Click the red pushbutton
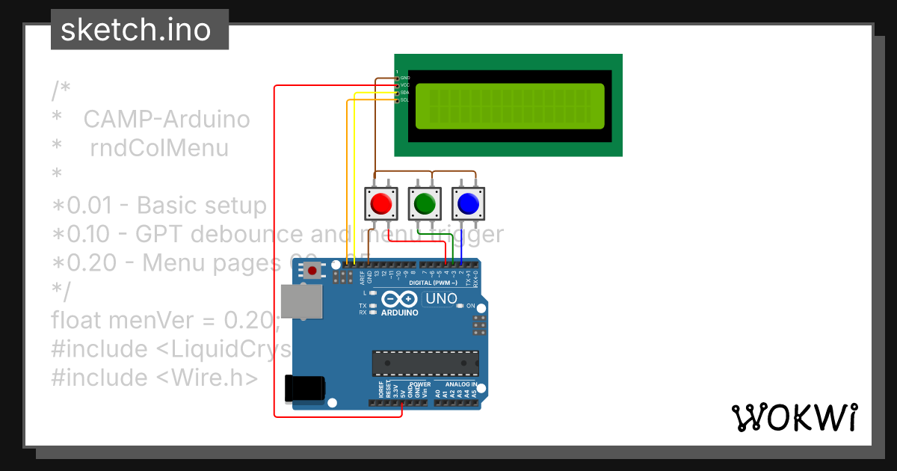click(381, 203)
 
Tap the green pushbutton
click(425, 203)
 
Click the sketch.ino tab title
click(135, 30)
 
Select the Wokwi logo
click(794, 417)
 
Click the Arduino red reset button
click(312, 271)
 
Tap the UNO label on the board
click(441, 299)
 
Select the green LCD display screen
click(509, 105)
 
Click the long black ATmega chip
click(425, 363)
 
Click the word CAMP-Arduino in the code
click(166, 120)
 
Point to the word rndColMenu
click(159, 148)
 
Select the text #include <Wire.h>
click(155, 378)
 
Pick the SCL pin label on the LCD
click(404, 99)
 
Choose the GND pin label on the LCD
click(404, 78)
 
